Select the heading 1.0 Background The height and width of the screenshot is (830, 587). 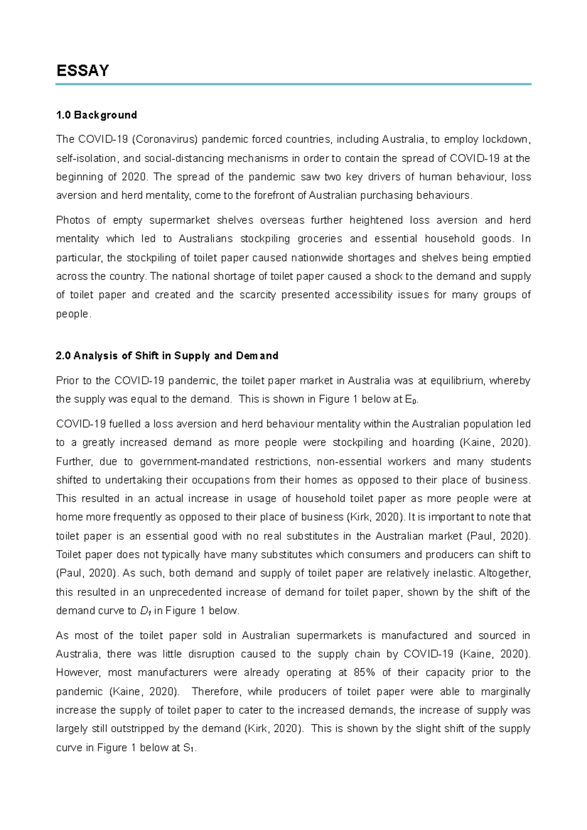(96, 115)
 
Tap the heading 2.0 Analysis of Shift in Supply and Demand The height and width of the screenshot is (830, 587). (167, 356)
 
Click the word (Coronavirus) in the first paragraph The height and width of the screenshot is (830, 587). (164, 139)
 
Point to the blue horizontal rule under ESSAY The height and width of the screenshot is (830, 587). (293, 85)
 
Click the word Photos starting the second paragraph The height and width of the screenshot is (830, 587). (73, 220)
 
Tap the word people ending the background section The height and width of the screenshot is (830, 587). (72, 314)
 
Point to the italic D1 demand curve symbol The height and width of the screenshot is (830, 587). (145, 611)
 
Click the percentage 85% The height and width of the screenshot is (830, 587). (364, 673)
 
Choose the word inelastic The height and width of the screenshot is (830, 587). (455, 573)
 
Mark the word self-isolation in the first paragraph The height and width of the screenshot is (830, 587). (86, 158)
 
